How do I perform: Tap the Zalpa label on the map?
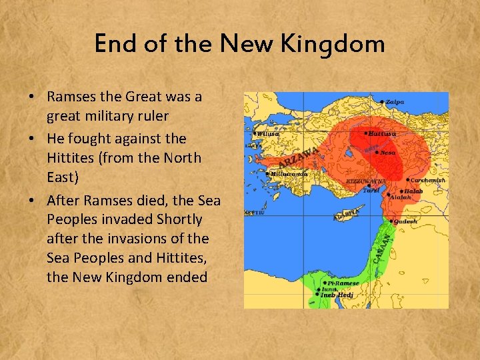[x=395, y=102]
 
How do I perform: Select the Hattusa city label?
[x=383, y=133]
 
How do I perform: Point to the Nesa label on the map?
[x=387, y=152]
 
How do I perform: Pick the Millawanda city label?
[x=289, y=173]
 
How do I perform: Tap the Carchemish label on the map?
[x=427, y=180]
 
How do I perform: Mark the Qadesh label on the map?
[x=405, y=221]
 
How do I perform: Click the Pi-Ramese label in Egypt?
[x=343, y=283]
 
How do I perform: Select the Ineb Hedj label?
[x=337, y=295]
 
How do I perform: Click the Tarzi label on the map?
[x=371, y=190]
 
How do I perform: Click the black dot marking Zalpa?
[x=383, y=102]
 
